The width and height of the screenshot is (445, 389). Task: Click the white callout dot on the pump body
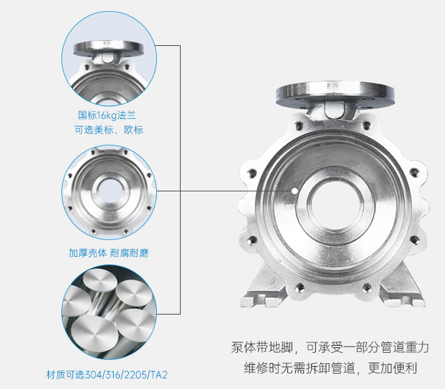pos(295,191)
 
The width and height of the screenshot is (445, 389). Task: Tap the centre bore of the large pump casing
pos(335,205)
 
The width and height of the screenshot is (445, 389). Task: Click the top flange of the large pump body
pos(335,93)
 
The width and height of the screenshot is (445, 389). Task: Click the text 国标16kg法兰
pos(107,116)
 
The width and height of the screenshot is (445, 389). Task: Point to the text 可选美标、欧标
pos(109,130)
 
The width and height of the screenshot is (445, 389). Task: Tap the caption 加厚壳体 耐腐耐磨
pos(109,253)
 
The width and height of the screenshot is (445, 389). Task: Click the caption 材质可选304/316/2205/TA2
pos(107,375)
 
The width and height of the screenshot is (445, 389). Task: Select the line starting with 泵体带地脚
pos(330,347)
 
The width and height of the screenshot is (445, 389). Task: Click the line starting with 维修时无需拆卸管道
pos(331,368)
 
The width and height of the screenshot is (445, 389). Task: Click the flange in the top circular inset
pos(109,49)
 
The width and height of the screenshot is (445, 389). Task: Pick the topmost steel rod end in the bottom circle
pos(100,280)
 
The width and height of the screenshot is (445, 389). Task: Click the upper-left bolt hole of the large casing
pos(299,125)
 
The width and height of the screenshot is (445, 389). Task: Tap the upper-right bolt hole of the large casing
pos(366,125)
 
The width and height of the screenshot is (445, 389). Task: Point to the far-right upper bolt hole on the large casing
pos(414,172)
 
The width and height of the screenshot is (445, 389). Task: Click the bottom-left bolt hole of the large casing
pos(300,288)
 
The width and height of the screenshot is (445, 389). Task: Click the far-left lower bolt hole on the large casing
pos(252,241)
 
